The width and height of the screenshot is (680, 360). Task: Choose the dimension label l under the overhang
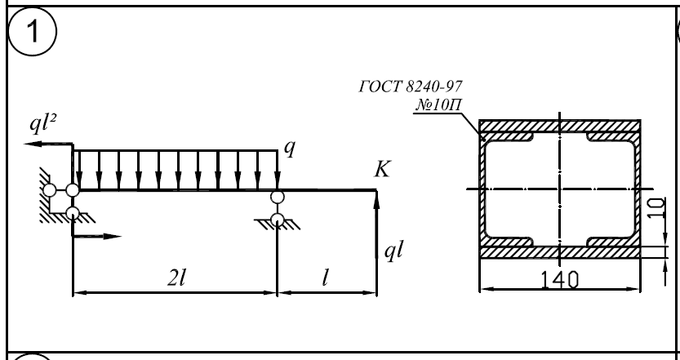point(326,278)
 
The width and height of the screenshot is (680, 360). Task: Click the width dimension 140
point(559,278)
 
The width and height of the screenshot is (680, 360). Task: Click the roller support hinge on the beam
point(278,197)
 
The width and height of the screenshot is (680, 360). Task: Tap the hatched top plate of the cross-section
point(559,127)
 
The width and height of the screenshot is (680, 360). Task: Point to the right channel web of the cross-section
point(638,189)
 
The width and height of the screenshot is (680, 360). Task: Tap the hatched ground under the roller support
point(278,229)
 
